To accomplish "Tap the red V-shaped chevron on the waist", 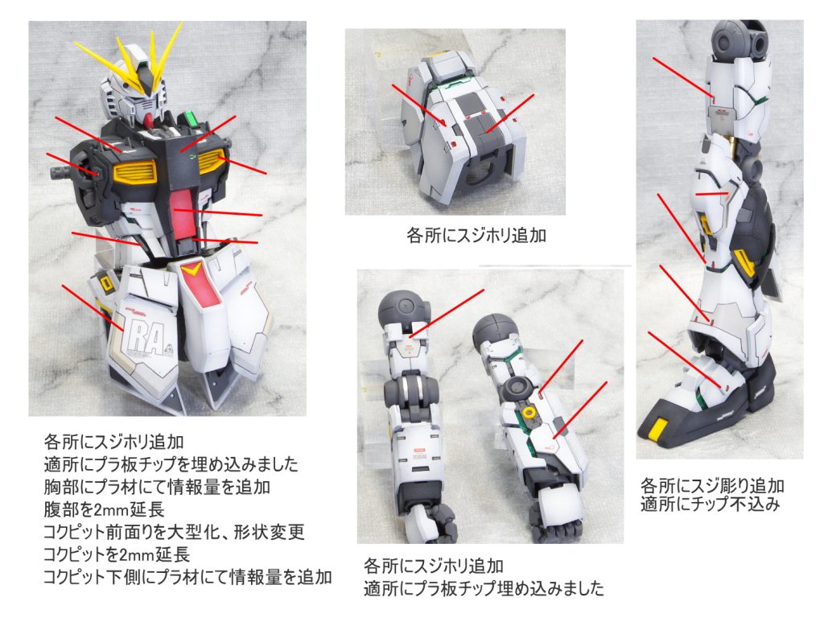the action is point(192,270).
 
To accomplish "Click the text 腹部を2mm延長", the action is point(104,509).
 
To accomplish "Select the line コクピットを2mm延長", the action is point(116,554).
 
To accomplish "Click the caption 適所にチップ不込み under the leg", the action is point(710,504).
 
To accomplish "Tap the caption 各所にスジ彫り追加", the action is point(712,485).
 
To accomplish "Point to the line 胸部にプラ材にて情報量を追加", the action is point(157,487).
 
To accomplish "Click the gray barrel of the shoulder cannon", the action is point(61,172).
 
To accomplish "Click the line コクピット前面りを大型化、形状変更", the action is point(174,532).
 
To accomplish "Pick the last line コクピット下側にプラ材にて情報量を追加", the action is point(187,577).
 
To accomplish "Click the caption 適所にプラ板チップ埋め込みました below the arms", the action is point(484,588).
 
